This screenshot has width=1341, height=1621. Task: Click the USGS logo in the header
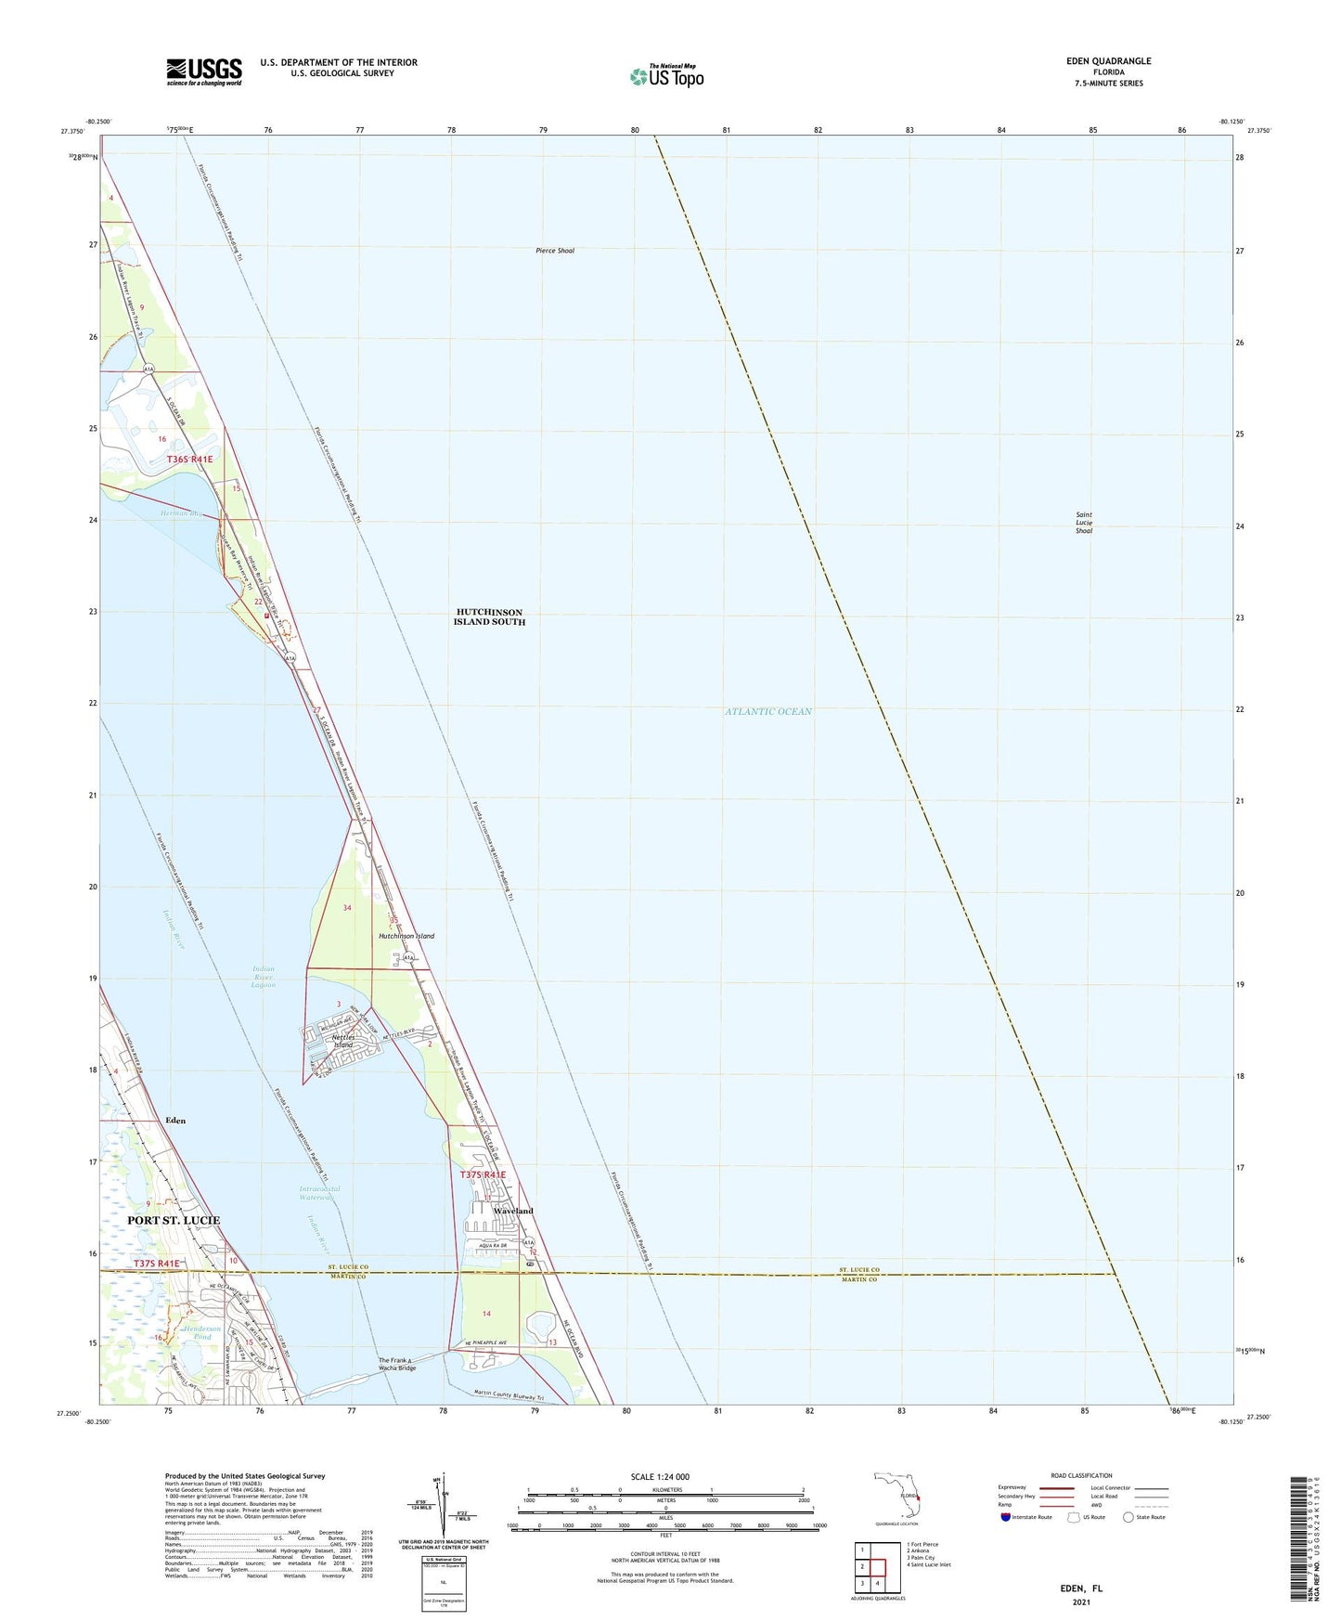click(x=204, y=71)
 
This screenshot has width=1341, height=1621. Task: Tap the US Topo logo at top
click(x=665, y=75)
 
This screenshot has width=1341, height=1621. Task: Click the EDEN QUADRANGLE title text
click(x=1108, y=61)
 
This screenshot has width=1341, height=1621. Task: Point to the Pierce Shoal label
click(x=555, y=251)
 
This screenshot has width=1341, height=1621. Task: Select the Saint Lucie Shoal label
click(x=1083, y=523)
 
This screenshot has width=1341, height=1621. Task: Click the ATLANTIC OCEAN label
click(x=768, y=711)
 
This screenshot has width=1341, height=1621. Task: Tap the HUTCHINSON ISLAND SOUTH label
click(x=489, y=617)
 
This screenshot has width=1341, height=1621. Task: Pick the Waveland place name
click(x=513, y=1212)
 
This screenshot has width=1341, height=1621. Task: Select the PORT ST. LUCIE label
click(x=174, y=1219)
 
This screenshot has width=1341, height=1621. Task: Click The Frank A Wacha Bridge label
click(x=397, y=1365)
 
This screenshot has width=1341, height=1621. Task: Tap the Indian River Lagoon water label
click(x=264, y=977)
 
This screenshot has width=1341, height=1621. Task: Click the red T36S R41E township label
click(x=189, y=460)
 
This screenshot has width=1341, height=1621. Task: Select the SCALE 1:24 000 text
click(x=659, y=1477)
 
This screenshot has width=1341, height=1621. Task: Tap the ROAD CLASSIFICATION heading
click(x=1080, y=1475)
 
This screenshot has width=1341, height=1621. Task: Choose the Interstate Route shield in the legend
click(x=1006, y=1518)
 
